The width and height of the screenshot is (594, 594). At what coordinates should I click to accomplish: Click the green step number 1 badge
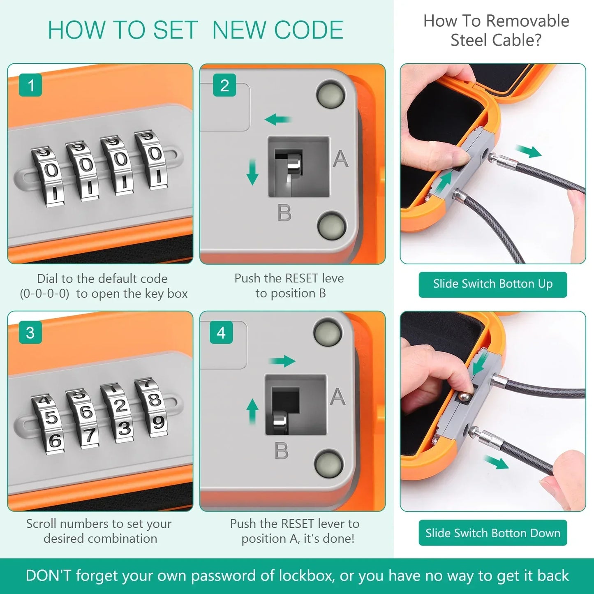(x=30, y=85)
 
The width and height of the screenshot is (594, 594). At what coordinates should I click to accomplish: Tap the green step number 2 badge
(x=224, y=85)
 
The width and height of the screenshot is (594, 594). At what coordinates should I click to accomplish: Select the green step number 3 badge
(x=30, y=332)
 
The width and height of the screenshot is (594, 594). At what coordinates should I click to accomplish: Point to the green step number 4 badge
(x=221, y=332)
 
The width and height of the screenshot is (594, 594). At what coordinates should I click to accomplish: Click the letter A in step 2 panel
(x=340, y=158)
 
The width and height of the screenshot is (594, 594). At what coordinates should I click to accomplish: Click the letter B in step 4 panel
(x=282, y=451)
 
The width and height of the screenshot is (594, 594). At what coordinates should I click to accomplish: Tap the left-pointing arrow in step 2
(x=278, y=119)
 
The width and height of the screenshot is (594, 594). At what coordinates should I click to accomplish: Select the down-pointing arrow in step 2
(x=252, y=172)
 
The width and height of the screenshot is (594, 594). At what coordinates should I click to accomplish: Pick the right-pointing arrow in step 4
(x=282, y=361)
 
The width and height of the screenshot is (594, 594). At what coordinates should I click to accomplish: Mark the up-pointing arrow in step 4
(x=252, y=411)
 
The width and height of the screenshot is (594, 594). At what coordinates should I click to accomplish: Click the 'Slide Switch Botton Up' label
(x=492, y=284)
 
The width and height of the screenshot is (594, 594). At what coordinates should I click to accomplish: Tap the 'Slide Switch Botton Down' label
(x=492, y=532)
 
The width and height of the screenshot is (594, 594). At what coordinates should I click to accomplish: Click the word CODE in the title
(x=308, y=30)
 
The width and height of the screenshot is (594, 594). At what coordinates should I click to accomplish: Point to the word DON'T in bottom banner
(x=48, y=575)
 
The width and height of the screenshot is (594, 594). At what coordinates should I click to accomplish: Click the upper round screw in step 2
(x=331, y=94)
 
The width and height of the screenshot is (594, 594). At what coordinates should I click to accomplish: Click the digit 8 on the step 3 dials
(x=155, y=400)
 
